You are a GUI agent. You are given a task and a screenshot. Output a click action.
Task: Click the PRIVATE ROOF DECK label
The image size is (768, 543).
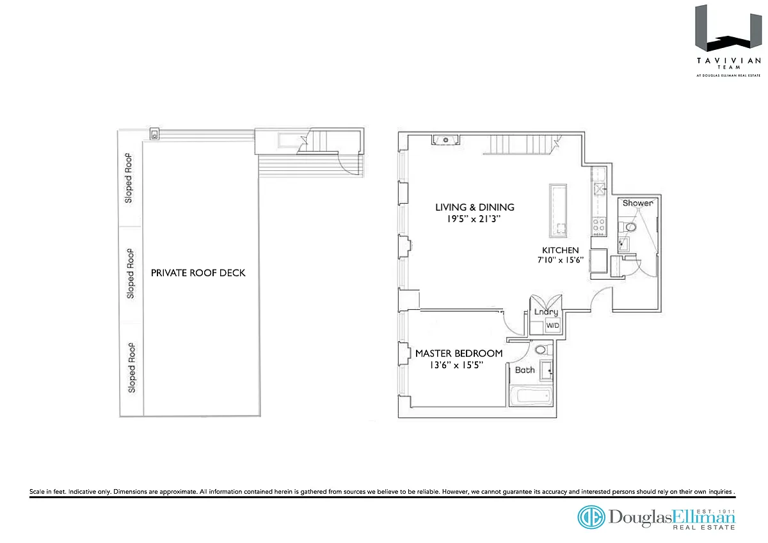click(198, 273)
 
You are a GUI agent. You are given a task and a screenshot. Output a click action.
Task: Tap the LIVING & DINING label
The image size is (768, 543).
click(475, 207)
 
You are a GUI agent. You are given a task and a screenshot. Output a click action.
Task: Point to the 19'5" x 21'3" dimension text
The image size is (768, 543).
click(474, 219)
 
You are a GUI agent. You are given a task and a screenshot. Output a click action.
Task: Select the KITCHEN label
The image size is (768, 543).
click(560, 250)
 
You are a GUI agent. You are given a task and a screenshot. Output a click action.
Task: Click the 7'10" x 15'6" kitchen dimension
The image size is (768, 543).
click(560, 260)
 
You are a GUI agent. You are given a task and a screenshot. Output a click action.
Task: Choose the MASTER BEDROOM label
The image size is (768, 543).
click(459, 353)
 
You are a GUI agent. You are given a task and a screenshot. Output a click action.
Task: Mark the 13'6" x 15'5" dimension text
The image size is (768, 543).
click(456, 365)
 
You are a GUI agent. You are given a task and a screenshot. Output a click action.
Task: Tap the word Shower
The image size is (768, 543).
click(637, 203)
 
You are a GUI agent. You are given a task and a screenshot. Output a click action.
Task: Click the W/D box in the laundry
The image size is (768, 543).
click(553, 325)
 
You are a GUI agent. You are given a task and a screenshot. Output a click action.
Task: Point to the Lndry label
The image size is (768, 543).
click(546, 312)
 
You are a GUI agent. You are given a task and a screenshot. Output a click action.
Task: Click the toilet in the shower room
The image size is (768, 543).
click(627, 227)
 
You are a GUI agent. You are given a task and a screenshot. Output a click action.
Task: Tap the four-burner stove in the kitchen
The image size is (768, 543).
click(599, 227)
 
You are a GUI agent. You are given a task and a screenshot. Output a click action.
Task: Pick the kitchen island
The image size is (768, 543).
click(558, 211)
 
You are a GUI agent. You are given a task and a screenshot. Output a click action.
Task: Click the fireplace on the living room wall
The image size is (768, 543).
click(445, 140)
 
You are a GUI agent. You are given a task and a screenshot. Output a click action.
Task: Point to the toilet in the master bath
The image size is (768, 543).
click(543, 350)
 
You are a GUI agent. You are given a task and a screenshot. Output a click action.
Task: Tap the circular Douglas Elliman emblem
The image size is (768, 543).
click(591, 517)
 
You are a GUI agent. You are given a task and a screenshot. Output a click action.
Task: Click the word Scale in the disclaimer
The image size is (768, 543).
click(37, 492)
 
